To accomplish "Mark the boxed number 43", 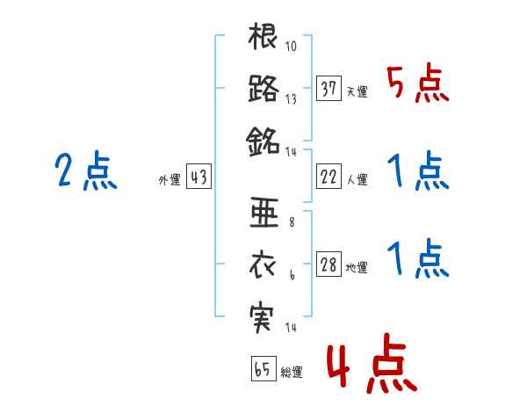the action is click(198, 178).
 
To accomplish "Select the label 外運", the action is click(169, 180).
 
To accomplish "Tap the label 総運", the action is click(291, 373).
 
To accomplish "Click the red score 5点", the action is click(417, 84).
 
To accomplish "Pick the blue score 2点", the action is click(86, 170).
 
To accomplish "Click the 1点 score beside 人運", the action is click(417, 170).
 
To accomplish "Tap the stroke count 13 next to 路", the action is click(291, 98).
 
